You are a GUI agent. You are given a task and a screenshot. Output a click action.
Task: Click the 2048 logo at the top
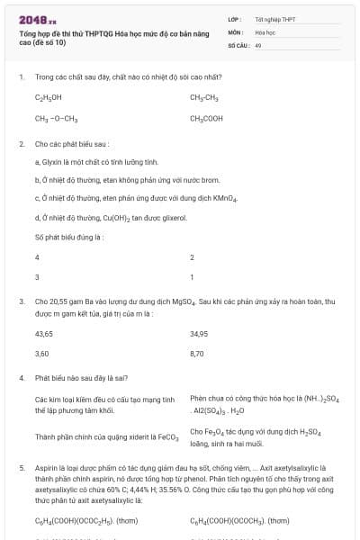38,19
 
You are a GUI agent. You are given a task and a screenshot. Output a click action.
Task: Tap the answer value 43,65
43,333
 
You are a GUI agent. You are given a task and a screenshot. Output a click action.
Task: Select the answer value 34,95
199,333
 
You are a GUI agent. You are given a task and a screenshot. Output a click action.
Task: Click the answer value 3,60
41,354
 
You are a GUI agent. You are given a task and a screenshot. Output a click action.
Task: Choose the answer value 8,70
197,354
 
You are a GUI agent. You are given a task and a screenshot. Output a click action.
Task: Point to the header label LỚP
235,19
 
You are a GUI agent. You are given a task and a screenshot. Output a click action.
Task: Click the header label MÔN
236,31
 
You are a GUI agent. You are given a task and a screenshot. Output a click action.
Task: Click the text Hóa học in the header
265,31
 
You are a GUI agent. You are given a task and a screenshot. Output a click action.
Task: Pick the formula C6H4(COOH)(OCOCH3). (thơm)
239,520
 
